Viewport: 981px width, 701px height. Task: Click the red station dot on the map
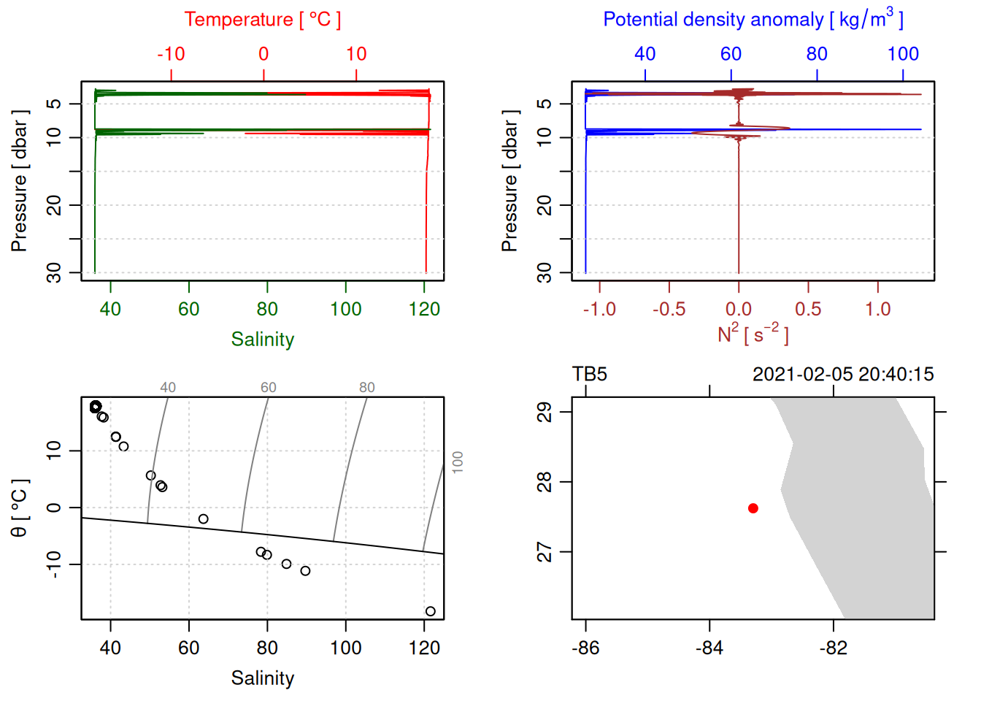click(x=753, y=508)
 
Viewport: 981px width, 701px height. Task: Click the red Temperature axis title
click(x=262, y=20)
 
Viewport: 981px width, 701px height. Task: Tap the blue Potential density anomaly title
click(x=753, y=19)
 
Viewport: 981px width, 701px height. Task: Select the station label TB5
click(x=590, y=375)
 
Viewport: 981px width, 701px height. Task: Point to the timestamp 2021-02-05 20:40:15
click(x=842, y=375)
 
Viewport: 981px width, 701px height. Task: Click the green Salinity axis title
click(x=262, y=340)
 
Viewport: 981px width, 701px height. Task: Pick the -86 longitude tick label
click(x=585, y=648)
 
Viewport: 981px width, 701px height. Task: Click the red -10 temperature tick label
click(x=171, y=54)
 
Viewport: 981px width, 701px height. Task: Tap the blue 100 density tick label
click(x=903, y=54)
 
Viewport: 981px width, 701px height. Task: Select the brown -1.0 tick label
click(x=599, y=309)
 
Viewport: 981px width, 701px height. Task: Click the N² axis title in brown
click(x=753, y=334)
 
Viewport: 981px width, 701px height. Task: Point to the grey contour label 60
click(x=269, y=388)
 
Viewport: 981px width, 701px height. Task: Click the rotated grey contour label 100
click(x=458, y=462)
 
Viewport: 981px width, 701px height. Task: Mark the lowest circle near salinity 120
click(x=430, y=611)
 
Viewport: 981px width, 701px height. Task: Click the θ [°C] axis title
click(x=20, y=508)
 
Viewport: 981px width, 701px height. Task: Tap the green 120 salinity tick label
click(x=424, y=309)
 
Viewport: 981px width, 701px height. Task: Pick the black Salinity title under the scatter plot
click(x=262, y=678)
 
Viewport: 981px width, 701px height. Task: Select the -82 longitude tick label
click(x=833, y=648)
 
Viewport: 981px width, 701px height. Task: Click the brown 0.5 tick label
click(x=808, y=309)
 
